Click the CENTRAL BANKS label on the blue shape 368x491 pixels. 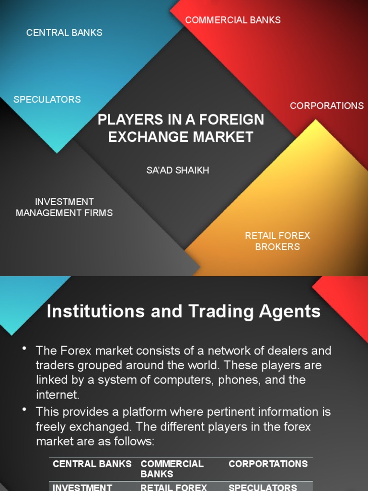(x=64, y=33)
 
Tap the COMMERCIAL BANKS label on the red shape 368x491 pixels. (x=233, y=20)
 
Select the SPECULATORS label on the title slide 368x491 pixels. (x=47, y=99)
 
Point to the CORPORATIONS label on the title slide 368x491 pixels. (x=327, y=105)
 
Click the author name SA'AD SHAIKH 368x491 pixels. (x=178, y=170)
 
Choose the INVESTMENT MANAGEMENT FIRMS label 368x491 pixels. (x=64, y=207)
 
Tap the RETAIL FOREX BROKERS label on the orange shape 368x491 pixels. (x=277, y=241)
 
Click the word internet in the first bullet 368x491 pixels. (x=56, y=395)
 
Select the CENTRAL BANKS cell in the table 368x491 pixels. (x=92, y=464)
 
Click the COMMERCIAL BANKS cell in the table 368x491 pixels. (x=172, y=468)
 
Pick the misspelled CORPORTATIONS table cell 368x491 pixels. (x=268, y=464)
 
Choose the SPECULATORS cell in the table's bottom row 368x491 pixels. (x=263, y=487)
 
